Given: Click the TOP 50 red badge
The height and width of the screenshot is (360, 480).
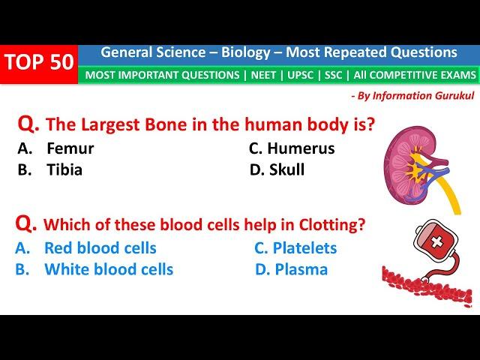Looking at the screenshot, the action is (x=39, y=64).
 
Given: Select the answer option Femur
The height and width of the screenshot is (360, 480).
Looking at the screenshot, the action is (x=55, y=148).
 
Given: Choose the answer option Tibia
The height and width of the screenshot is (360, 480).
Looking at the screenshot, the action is (x=50, y=170).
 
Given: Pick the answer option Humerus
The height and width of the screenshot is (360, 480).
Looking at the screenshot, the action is (x=292, y=148).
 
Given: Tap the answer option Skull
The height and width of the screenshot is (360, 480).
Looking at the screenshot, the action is (x=277, y=170).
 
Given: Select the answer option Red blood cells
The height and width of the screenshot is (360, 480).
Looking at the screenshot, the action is (x=85, y=248).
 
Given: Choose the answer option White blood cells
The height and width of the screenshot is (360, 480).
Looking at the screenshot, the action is (x=94, y=269).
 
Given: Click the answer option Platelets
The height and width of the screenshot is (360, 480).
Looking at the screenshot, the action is (x=295, y=248).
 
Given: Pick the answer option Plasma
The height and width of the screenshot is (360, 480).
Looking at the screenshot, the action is (x=292, y=269).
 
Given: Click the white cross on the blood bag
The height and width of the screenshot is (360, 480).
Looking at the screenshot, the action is (x=436, y=241).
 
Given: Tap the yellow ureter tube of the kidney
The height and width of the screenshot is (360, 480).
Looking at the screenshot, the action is (x=449, y=194).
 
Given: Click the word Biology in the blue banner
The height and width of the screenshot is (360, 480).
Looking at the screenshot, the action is (x=246, y=53).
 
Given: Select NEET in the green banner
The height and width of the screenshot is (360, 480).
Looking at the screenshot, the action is (x=263, y=75).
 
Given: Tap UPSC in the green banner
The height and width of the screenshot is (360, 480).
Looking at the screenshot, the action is (x=300, y=75).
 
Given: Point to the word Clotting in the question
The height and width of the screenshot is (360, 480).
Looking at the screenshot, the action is (x=332, y=225).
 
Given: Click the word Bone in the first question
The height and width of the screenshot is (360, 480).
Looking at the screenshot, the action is (x=166, y=124).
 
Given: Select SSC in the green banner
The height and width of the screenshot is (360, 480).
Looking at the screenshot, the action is (x=333, y=75).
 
